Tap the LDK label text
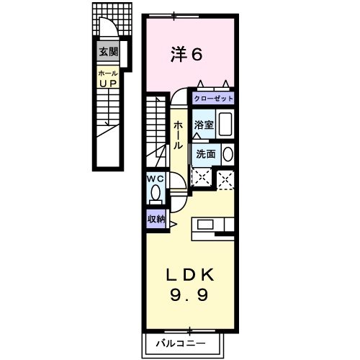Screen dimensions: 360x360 pos(190,275)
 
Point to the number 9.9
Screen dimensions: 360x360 pos(190,294)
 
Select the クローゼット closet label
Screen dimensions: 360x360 pos(212,96)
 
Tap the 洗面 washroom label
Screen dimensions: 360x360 pos(205,153)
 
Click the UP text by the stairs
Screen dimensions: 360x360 pos(108,84)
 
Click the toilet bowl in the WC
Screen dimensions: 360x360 pos(156,193)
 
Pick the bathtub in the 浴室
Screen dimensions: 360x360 pos(225,124)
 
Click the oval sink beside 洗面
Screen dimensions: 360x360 pos(228,153)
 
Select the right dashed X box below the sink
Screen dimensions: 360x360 pos(226,179)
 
